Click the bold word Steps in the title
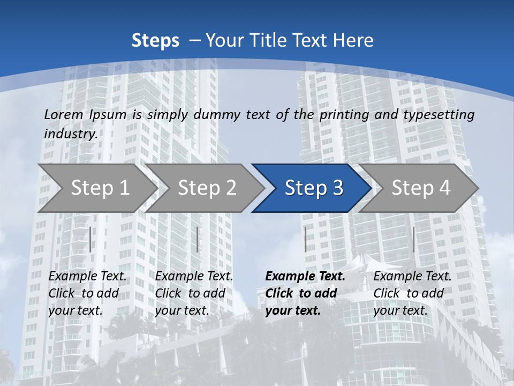[x=155, y=41]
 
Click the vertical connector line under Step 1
[x=90, y=239]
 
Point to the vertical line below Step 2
[x=198, y=239]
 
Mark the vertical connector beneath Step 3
[x=305, y=239]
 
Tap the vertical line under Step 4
[x=413, y=239]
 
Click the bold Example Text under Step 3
[x=305, y=277]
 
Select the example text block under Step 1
[x=87, y=293]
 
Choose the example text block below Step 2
[x=194, y=293]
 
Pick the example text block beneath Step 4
[x=412, y=293]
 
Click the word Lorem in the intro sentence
[x=64, y=115]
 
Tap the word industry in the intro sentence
[x=71, y=134]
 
